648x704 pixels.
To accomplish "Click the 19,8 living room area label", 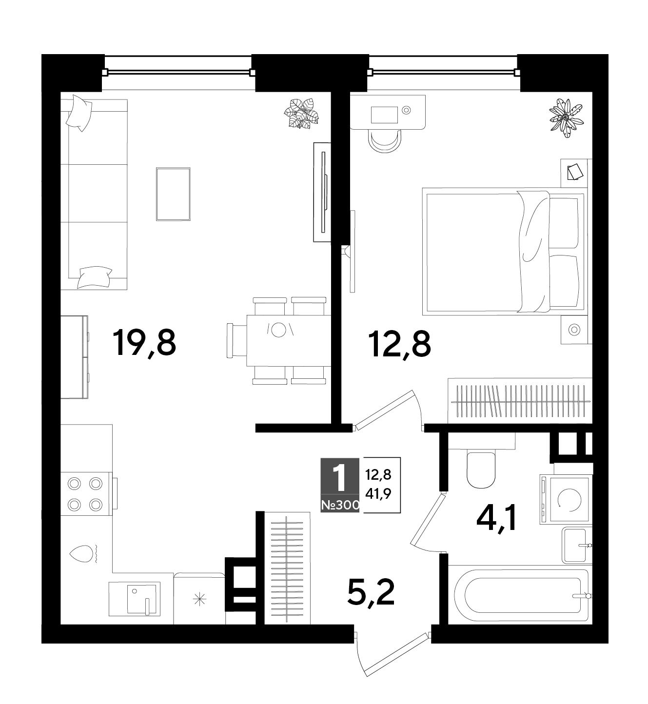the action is tap(144, 344).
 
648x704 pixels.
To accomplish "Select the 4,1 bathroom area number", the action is tap(496, 518).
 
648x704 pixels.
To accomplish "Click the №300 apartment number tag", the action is tap(340, 506).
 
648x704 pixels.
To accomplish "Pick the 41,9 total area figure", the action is tap(378, 494).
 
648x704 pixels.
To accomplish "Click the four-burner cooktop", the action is tap(85, 494).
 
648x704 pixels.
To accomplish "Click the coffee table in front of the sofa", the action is tap(174, 194).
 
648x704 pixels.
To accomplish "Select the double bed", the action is tap(505, 251).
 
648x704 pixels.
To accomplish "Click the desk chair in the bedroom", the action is tap(385, 141).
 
